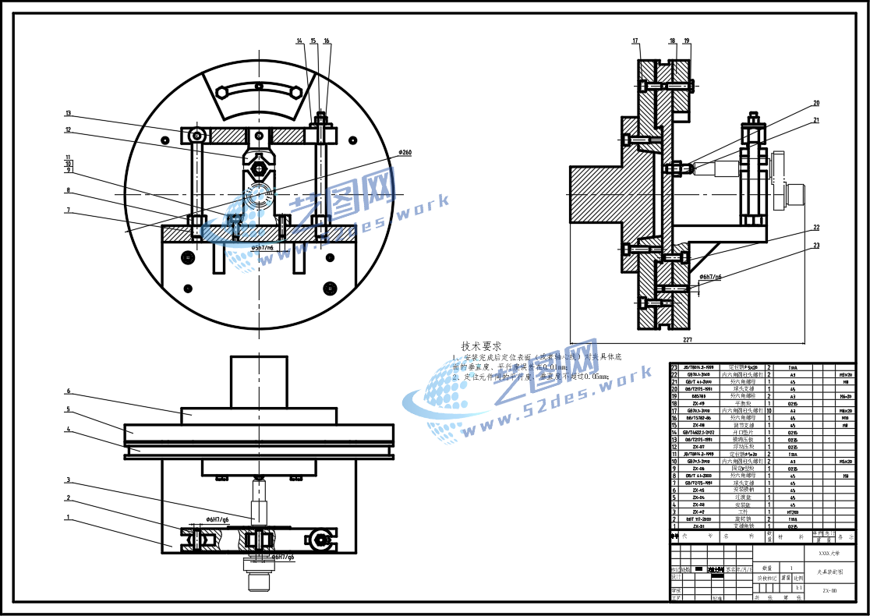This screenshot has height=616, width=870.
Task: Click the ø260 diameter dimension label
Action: (404, 153)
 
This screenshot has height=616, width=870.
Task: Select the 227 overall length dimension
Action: (687, 340)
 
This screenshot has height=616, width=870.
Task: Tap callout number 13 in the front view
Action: (69, 114)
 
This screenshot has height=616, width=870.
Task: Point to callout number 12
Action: (69, 130)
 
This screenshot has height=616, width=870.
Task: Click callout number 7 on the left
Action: (69, 210)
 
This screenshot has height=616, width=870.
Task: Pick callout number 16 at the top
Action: (327, 41)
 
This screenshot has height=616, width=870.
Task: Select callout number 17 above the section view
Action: (635, 41)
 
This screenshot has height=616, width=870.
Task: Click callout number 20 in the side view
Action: (816, 103)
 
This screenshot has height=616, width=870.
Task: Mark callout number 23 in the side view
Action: (816, 246)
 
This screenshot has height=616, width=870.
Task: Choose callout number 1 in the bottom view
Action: (69, 516)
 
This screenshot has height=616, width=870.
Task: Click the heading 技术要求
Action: (481, 346)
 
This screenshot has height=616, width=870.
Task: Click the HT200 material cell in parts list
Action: (793, 512)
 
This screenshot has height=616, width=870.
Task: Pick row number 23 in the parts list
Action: (674, 366)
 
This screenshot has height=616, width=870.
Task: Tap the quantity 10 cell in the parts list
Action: (770, 410)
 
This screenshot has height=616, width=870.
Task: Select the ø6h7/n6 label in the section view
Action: (709, 277)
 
